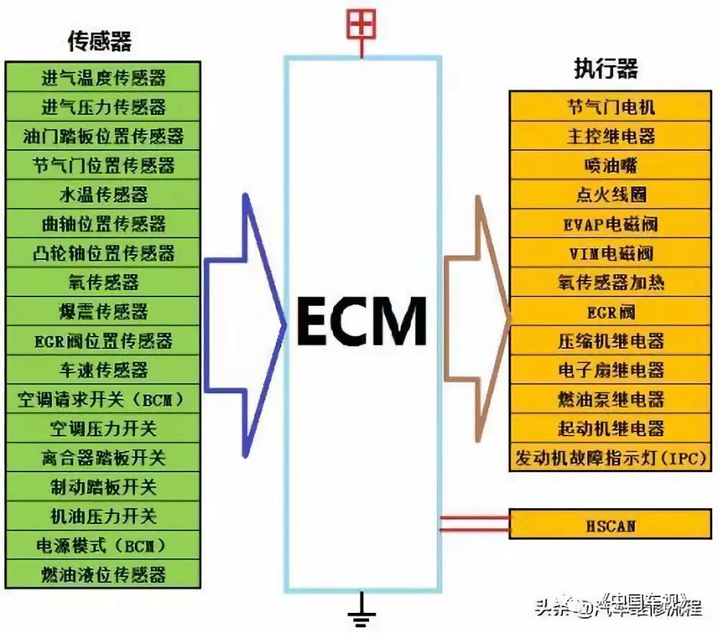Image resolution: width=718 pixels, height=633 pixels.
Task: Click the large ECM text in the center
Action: (362, 321)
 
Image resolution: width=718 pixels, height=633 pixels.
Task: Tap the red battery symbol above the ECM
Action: (361, 26)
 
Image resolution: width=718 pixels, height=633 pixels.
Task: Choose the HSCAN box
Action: (611, 525)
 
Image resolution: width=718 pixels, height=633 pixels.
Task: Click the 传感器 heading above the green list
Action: (100, 42)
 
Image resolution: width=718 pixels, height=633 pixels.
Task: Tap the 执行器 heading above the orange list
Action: (606, 69)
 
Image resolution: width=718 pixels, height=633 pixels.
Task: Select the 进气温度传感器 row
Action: (103, 78)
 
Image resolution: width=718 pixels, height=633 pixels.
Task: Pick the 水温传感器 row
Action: (103, 194)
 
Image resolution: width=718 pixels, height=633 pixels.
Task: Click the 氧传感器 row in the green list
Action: (103, 282)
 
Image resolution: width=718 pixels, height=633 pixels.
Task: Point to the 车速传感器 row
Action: (103, 370)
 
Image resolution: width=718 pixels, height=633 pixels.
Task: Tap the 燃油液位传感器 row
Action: (103, 574)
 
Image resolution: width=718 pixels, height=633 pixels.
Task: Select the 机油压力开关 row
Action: (103, 516)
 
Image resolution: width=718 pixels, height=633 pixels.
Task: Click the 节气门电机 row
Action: (611, 107)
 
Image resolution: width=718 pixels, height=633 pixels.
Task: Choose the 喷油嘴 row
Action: (611, 166)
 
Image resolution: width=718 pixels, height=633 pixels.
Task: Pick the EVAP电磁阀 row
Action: (611, 224)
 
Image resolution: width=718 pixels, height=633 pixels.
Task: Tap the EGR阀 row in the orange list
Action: (611, 312)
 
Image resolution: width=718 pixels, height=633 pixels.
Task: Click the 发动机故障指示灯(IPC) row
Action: (611, 458)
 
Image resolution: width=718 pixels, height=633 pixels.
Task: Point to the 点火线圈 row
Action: (611, 194)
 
